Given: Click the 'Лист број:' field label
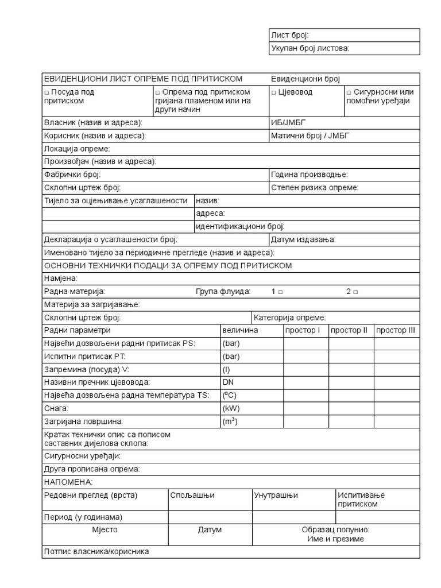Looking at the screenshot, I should (289, 36).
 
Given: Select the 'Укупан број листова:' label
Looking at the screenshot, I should (310, 49).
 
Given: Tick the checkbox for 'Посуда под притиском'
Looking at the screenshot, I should (47, 92).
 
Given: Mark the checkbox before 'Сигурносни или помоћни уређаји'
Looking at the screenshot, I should (349, 92).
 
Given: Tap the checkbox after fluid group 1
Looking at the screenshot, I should (280, 292).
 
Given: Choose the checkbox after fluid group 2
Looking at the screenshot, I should (355, 292).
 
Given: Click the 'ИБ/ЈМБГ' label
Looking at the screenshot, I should (286, 123).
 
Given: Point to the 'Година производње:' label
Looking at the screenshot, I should (309, 175).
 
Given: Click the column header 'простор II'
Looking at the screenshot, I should (349, 331).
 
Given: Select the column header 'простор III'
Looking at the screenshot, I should (395, 331).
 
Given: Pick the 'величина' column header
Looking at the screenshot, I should (240, 331).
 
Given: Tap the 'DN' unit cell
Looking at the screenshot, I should (228, 382).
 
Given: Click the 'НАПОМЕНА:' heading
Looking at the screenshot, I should (68, 482).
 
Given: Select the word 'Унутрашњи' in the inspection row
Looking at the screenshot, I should (276, 496).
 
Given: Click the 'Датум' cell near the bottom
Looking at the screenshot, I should (210, 530).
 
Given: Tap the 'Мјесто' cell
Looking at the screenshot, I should (105, 530).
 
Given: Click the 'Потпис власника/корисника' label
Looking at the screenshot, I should (96, 552).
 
